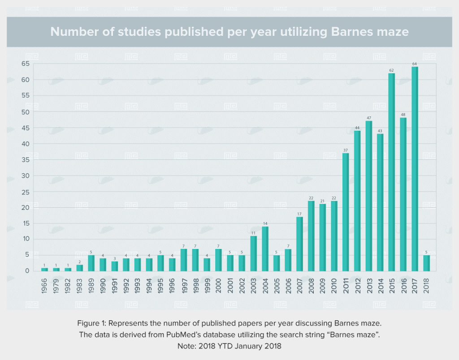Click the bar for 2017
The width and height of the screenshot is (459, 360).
(x=415, y=169)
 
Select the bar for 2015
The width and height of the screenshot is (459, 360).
(x=391, y=172)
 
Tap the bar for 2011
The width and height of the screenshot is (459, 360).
(x=345, y=212)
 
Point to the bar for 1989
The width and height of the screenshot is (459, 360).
(x=91, y=263)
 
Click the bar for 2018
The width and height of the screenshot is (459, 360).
(x=426, y=263)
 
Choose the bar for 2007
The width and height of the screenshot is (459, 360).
(x=299, y=244)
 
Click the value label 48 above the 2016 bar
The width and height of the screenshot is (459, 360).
(x=403, y=114)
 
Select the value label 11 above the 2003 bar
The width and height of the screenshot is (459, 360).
(x=253, y=232)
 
